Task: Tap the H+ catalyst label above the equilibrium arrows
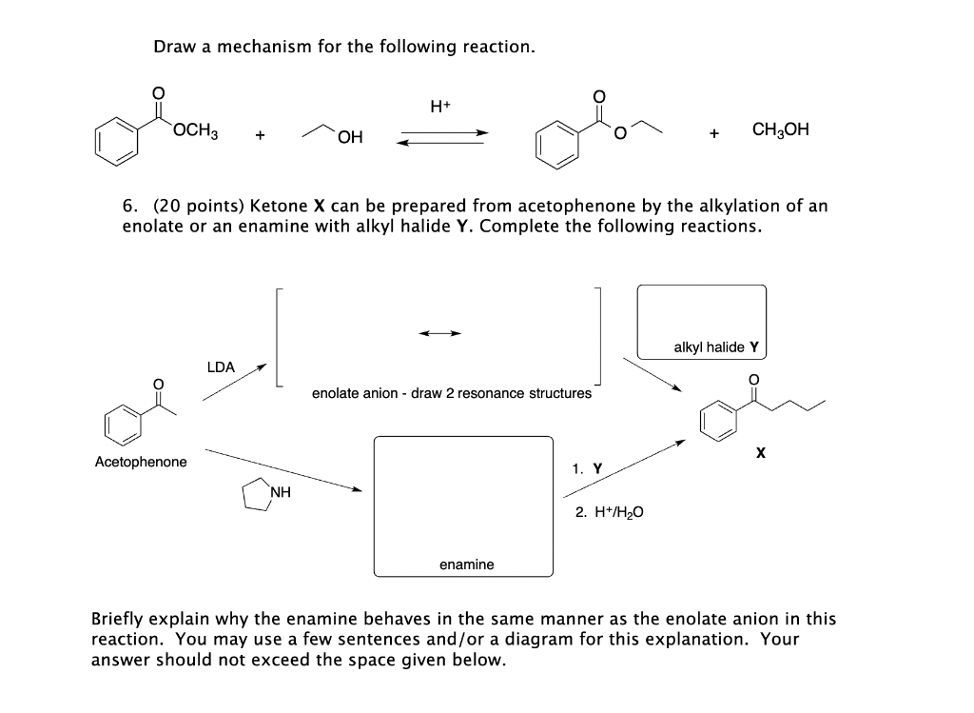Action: point(440,107)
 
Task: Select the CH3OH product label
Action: point(780,129)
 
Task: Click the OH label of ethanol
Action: point(349,139)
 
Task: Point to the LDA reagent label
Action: point(221,366)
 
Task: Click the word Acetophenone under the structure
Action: point(141,462)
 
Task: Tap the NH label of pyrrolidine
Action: point(280,492)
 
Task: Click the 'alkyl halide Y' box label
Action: point(715,347)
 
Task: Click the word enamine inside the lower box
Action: point(466,564)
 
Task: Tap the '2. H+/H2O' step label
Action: point(609,512)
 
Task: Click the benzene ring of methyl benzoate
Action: point(114,141)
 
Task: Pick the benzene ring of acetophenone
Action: point(124,423)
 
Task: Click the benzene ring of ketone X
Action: point(719,422)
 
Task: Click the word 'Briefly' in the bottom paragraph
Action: point(120,619)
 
